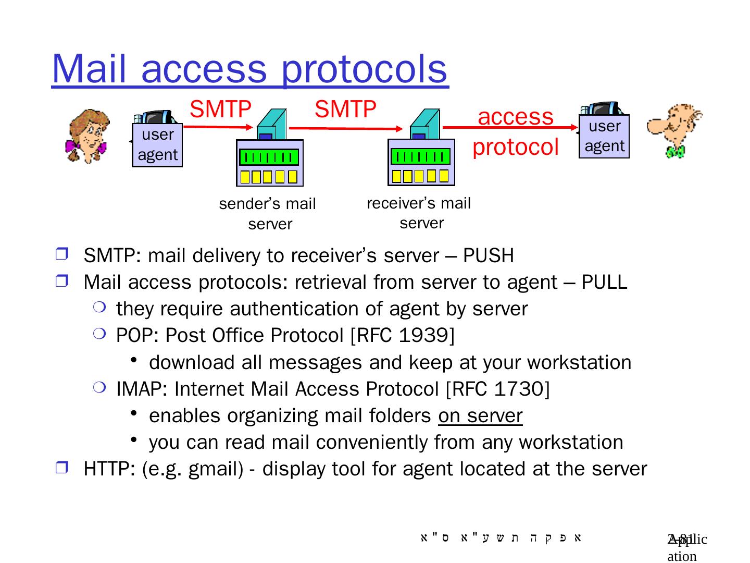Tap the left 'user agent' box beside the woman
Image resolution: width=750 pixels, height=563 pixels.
pos(157,145)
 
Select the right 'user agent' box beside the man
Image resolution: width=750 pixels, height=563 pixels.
pos(604,136)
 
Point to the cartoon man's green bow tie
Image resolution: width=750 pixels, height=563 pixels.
pos(676,152)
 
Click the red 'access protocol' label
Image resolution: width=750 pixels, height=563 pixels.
pos(515,131)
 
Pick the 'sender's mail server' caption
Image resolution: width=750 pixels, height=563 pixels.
pos(268,214)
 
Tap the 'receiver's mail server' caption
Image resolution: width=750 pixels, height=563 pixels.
pos(419,213)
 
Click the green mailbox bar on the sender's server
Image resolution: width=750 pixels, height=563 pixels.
pos(269,157)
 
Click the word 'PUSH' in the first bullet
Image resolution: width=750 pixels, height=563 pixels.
pos(488,256)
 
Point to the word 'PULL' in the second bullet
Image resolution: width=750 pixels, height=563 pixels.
pos(604,282)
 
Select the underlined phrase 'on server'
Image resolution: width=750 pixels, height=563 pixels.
pos(480,416)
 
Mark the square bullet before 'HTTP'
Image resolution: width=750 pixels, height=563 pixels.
pos(61,468)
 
